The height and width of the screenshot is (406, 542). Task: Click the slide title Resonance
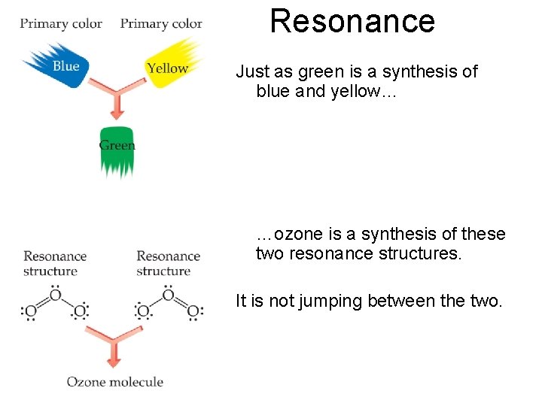pyautogui.click(x=352, y=21)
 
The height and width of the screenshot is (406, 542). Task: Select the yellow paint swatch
pyautogui.click(x=172, y=66)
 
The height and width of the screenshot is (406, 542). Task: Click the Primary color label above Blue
pyautogui.click(x=61, y=23)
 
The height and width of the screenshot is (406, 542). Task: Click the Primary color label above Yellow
pyautogui.click(x=161, y=23)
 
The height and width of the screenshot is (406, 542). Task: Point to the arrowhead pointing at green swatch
pyautogui.click(x=116, y=114)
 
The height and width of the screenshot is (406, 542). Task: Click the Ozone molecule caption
pyautogui.click(x=114, y=382)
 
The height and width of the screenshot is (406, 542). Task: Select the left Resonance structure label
pyautogui.click(x=55, y=263)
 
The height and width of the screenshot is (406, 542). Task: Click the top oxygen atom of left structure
pyautogui.click(x=54, y=295)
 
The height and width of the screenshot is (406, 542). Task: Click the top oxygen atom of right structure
pyautogui.click(x=168, y=295)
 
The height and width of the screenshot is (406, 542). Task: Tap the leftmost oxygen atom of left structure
pyautogui.click(x=30, y=311)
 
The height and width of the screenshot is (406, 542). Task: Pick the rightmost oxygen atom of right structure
pyautogui.click(x=193, y=311)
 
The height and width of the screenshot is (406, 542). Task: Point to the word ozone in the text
pyautogui.click(x=297, y=235)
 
